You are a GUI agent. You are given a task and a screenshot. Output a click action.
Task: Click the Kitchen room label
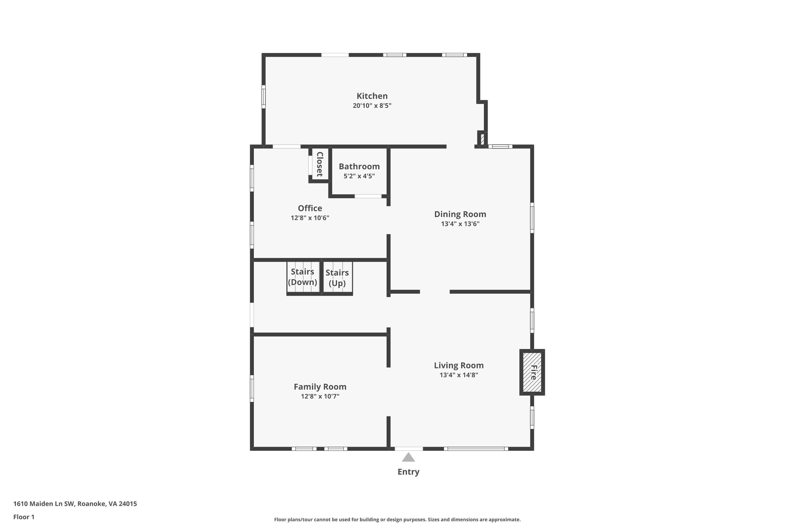(x=372, y=96)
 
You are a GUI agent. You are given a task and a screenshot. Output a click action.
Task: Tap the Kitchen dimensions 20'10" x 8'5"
(x=372, y=105)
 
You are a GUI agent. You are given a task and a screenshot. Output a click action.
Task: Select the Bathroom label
(x=359, y=166)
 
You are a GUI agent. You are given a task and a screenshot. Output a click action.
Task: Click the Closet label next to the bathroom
(x=319, y=164)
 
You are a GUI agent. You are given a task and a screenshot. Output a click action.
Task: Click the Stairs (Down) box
(x=303, y=277)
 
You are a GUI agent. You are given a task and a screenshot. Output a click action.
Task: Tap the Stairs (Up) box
(x=337, y=277)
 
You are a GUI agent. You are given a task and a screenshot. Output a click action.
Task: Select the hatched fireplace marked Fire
(x=532, y=372)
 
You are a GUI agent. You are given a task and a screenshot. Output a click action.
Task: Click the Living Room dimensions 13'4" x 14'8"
(x=459, y=375)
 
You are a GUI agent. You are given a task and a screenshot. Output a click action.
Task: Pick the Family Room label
(x=320, y=387)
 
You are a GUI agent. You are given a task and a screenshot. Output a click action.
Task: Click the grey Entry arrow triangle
(x=408, y=458)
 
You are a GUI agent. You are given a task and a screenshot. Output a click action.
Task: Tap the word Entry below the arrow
(x=408, y=472)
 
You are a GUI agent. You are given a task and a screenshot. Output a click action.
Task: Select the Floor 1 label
(x=24, y=517)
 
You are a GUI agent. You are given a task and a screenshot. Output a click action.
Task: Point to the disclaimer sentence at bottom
(x=397, y=519)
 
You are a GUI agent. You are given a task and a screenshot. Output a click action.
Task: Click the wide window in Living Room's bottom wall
(x=476, y=449)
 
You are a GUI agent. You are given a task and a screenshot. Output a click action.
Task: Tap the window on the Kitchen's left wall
(x=264, y=97)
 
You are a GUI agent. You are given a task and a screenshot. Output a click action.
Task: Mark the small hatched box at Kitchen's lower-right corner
(x=482, y=139)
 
